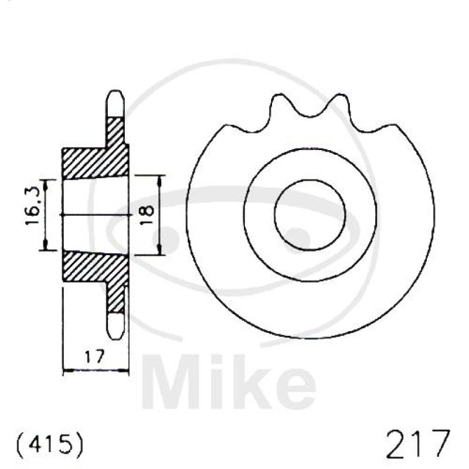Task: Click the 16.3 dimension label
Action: [x=32, y=206]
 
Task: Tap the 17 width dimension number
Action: [x=94, y=356]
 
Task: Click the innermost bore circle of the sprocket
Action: [x=310, y=180]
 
